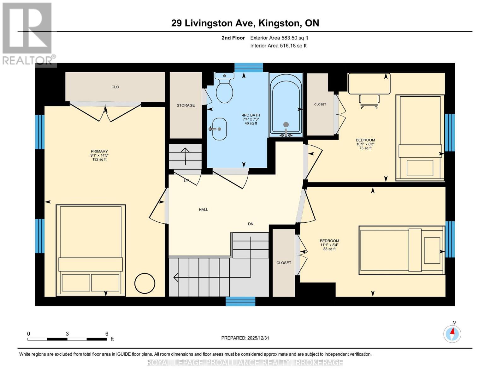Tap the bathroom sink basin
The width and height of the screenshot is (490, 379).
tap(219, 129)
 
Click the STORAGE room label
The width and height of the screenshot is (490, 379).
tap(186, 105)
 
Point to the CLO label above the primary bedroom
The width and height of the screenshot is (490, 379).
tap(115, 87)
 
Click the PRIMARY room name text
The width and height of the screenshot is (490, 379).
tap(99, 151)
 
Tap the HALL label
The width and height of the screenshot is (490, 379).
tap(204, 209)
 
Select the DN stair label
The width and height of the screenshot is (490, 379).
tap(251, 224)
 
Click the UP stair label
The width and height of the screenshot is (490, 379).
tap(186, 181)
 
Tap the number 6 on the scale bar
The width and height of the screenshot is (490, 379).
tap(107, 334)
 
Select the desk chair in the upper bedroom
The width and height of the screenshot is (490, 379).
tap(369, 101)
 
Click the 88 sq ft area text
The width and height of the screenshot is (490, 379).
tap(329, 249)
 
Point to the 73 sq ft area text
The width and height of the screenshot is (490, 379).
tap(365, 148)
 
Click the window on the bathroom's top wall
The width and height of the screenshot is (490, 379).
tap(249, 68)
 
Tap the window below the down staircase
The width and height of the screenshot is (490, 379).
tap(240, 301)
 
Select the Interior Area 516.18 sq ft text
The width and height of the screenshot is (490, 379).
tap(278, 46)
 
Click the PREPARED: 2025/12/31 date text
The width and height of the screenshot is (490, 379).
tap(245, 338)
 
